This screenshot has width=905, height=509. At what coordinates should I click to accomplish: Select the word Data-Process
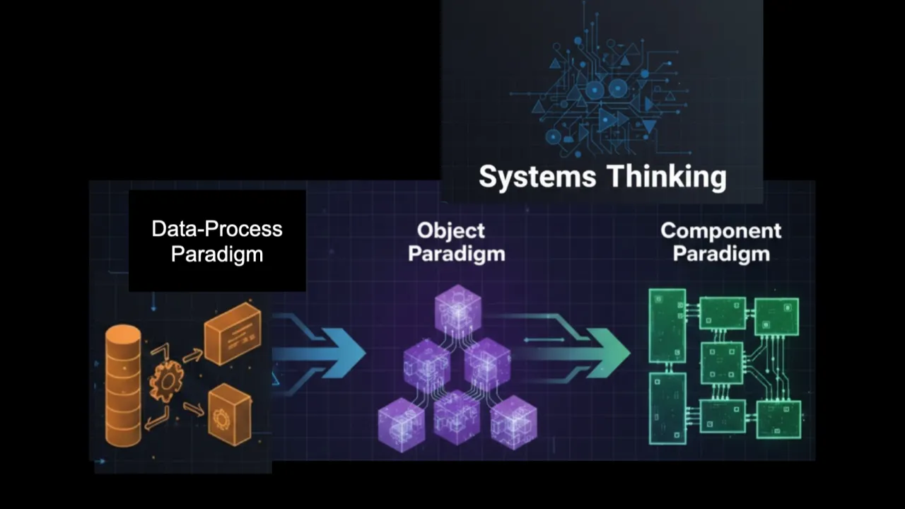click(x=217, y=229)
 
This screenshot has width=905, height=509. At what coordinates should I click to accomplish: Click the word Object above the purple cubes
click(x=450, y=230)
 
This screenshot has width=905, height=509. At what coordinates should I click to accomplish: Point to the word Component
click(x=720, y=230)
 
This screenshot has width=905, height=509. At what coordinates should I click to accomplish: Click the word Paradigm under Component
click(x=720, y=254)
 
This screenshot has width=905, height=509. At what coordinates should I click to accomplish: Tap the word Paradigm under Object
click(x=457, y=254)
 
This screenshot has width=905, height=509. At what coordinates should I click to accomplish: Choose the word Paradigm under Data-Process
click(x=217, y=254)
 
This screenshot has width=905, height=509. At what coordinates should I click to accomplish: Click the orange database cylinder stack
click(x=123, y=385)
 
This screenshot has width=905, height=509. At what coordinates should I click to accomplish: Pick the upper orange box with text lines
click(x=233, y=333)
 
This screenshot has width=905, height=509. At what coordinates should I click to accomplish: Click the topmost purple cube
click(x=457, y=308)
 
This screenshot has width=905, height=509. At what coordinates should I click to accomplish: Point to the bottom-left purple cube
click(x=402, y=423)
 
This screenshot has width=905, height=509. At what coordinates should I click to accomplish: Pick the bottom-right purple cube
click(x=514, y=422)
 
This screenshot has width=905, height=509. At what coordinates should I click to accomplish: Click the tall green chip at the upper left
click(x=667, y=325)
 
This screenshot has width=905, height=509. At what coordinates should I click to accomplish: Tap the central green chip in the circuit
click(x=723, y=363)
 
